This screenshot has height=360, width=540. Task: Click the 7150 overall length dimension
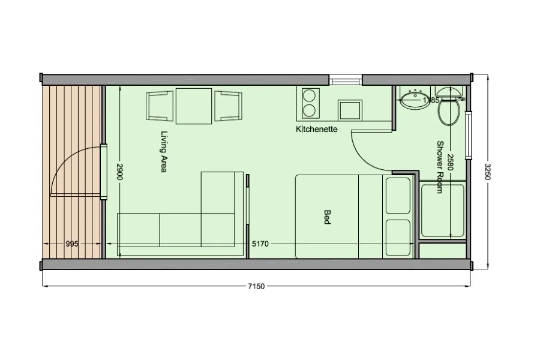click(x=257, y=286)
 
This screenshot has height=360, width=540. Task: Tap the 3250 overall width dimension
click(x=488, y=172)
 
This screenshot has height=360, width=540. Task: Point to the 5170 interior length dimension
click(x=260, y=244)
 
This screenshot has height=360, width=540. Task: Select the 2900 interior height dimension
click(x=119, y=171)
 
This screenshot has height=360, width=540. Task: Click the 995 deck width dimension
click(x=71, y=244)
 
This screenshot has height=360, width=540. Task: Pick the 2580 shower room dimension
click(x=451, y=162)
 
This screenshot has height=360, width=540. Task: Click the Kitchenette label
click(x=316, y=129)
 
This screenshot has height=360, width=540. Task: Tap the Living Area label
click(x=164, y=151)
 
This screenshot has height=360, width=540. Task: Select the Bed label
click(x=327, y=217)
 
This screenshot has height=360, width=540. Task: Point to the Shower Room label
click(x=439, y=167)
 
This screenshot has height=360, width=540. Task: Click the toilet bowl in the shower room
click(x=449, y=112)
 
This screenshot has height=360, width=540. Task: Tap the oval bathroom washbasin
click(x=415, y=100)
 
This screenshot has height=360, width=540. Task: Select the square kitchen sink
click(x=350, y=110)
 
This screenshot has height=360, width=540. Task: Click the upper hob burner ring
click(x=309, y=95)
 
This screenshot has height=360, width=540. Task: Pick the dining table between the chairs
click(x=194, y=106)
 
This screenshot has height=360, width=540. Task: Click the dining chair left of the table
click(x=159, y=106)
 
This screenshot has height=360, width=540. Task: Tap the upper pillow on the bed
click(x=398, y=196)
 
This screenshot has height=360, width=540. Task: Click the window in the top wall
click(x=346, y=80)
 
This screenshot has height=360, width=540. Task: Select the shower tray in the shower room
click(x=443, y=211)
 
